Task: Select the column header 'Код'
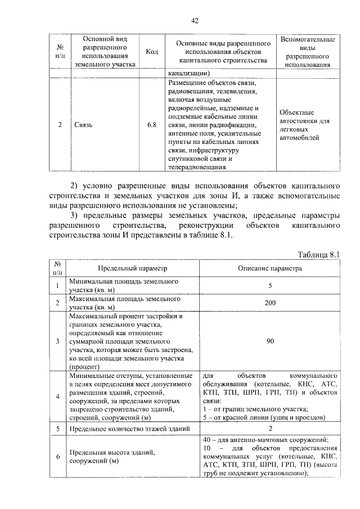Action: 151,52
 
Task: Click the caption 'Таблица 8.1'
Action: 319,254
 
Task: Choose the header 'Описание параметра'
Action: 270,268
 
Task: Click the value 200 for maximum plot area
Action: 270,303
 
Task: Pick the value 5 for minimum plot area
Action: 270,286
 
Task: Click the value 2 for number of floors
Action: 270,429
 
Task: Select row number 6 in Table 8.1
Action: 57,456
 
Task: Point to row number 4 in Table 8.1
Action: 57,397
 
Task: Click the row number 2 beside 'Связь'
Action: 60,125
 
